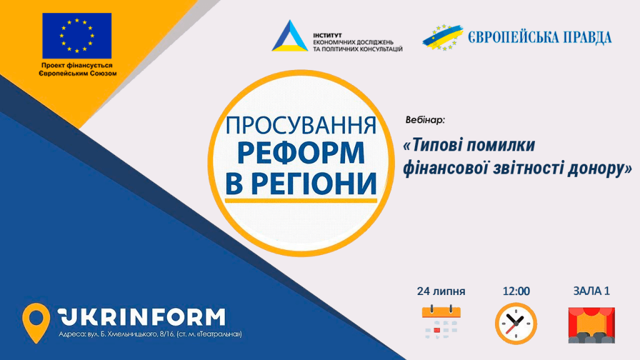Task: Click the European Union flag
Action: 77,36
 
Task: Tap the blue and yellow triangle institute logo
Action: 290,36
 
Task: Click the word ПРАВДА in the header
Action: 587,37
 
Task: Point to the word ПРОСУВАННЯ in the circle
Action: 301,125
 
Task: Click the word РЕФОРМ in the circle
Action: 301,153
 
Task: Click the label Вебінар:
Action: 425,120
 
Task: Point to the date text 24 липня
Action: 441,291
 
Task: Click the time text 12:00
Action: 516,291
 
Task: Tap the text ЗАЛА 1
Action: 591,291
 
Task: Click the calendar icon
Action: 441,322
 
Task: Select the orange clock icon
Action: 516,324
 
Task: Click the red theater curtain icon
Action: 591,325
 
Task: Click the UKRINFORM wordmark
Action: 141,317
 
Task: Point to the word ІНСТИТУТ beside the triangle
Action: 327,36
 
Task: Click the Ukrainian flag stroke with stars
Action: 443,37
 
